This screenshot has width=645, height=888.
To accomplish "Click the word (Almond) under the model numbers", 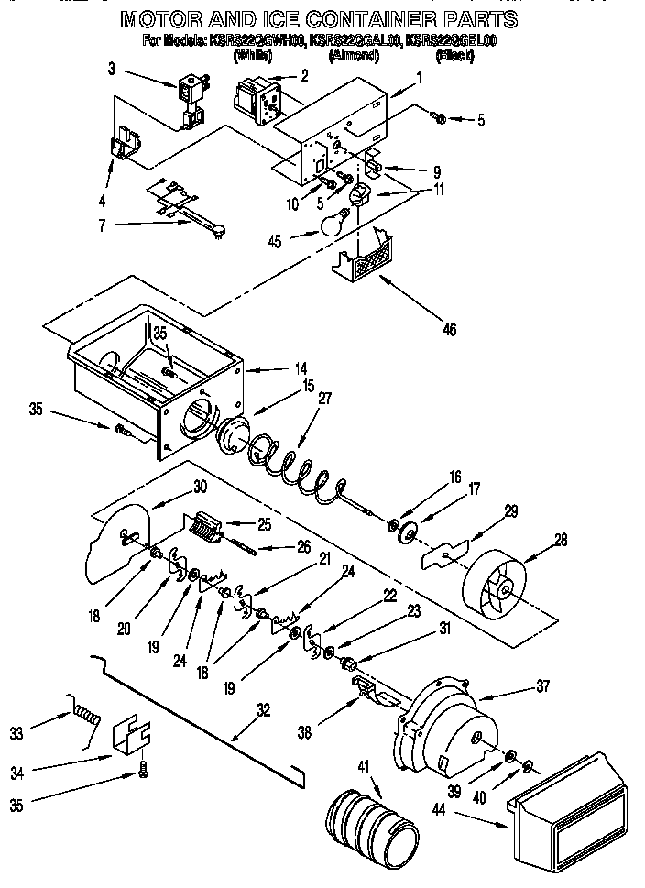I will click(x=354, y=56).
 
